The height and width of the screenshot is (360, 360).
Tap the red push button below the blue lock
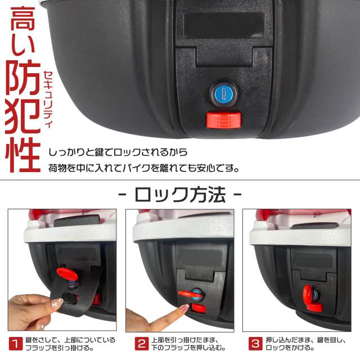point(224,119)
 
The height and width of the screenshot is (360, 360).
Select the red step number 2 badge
point(141,343)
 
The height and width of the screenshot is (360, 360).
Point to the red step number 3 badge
point(255,343)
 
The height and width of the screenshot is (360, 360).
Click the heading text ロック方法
point(180,195)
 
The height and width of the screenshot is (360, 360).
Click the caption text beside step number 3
point(298,343)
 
